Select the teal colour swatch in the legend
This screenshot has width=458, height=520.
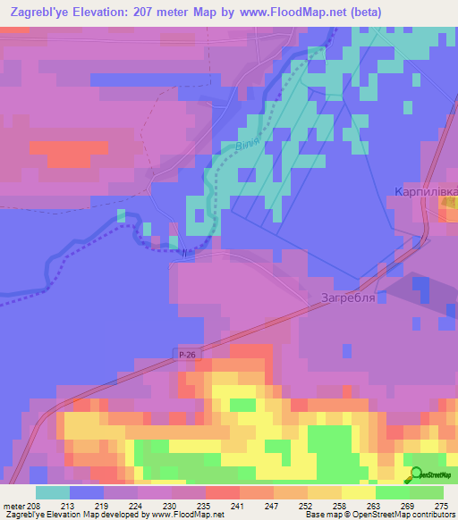[x=53, y=492]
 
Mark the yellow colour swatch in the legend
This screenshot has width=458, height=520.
[x=359, y=492]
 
